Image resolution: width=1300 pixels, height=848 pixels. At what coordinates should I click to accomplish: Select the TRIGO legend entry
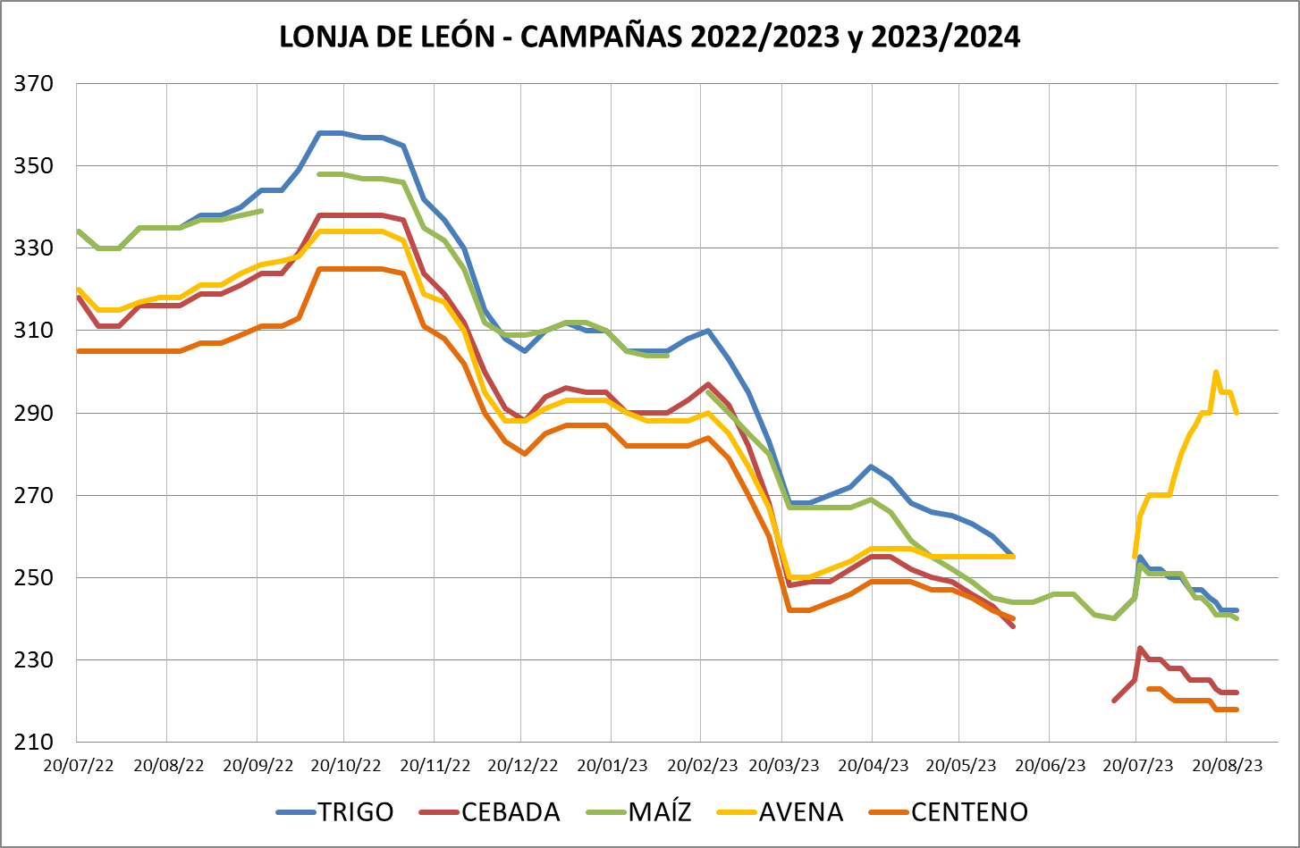tap(355, 811)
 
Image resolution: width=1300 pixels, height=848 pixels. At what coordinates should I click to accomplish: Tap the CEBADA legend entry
tap(511, 811)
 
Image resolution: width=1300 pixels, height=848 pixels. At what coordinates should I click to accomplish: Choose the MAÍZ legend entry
tap(660, 811)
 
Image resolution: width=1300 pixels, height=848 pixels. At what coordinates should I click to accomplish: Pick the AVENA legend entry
tap(800, 811)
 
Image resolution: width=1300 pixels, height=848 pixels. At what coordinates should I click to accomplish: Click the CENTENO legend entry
tap(969, 811)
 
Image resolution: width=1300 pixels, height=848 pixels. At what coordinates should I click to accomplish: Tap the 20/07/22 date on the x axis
tap(79, 766)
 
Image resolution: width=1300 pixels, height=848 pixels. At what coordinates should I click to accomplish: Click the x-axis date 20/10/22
tap(345, 766)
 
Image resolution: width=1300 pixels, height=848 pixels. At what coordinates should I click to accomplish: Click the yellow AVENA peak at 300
tap(1216, 372)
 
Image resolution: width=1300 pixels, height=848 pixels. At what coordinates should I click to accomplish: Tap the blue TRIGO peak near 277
tap(871, 466)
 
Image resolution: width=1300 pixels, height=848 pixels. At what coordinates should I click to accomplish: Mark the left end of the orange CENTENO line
tap(79, 351)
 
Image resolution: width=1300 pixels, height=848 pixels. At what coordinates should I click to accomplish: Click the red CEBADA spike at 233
tap(1140, 648)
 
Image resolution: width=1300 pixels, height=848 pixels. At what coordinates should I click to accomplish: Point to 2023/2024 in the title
tap(944, 37)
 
